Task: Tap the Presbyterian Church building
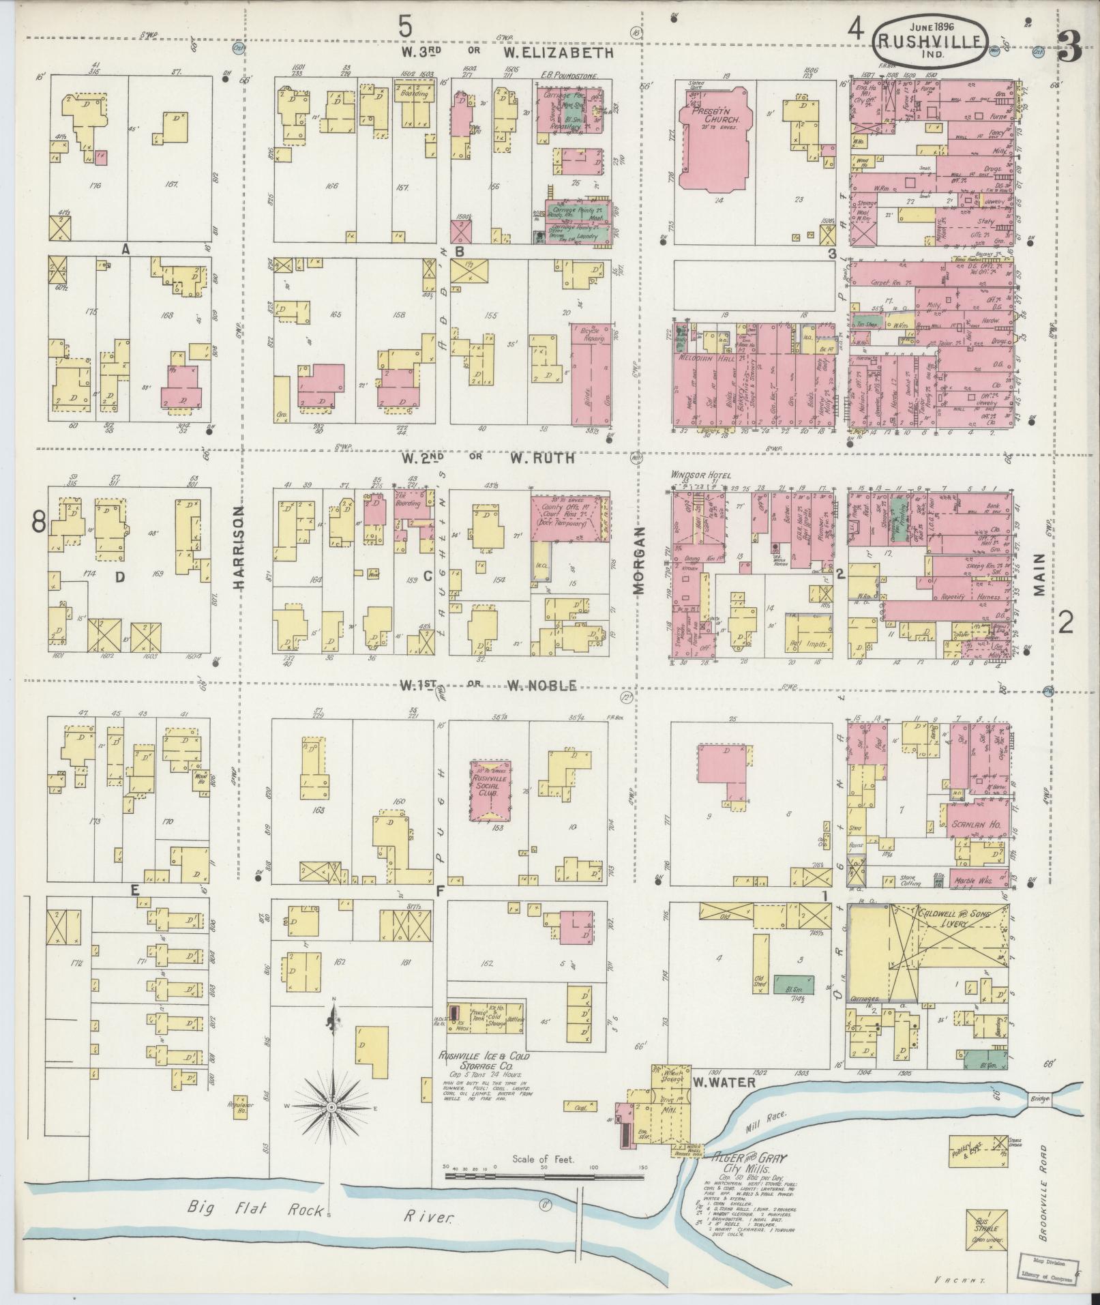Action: point(713,136)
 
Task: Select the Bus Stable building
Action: point(987,1225)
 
